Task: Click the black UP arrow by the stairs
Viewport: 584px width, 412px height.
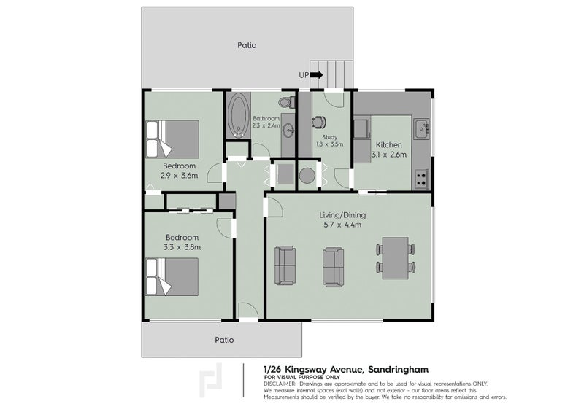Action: (316, 74)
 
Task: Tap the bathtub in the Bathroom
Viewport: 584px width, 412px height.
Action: (238, 117)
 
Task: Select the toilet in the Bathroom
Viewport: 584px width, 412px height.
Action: (289, 101)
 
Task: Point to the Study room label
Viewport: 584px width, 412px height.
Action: (328, 136)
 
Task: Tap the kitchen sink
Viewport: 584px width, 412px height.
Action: (421, 131)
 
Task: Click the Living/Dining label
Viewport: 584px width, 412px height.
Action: (342, 215)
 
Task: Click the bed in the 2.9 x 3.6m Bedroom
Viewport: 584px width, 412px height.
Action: (172, 138)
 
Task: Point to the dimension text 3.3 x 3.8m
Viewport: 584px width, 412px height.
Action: (182, 248)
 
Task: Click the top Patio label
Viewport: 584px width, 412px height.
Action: (247, 45)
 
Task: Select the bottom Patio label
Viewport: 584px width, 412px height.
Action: (224, 339)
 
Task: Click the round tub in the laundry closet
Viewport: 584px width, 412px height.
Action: (307, 175)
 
